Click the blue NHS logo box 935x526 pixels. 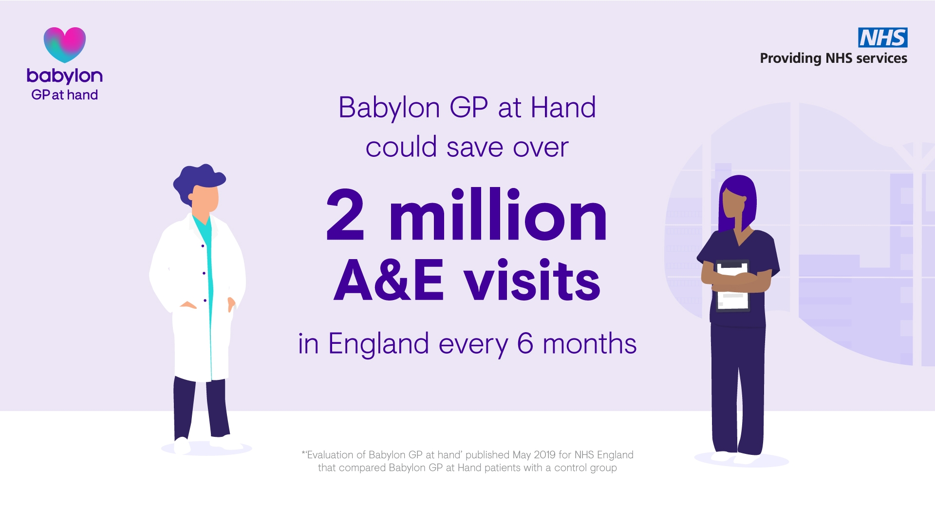click(x=882, y=38)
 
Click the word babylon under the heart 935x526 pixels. click(x=65, y=76)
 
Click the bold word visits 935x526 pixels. click(x=532, y=280)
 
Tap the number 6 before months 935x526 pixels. click(x=525, y=343)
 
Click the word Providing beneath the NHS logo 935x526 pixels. click(x=790, y=58)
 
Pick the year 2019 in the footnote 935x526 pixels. click(x=544, y=455)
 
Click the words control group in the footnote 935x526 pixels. click(x=585, y=468)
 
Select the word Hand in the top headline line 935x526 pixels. click(x=563, y=107)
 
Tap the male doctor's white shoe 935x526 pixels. click(x=182, y=445)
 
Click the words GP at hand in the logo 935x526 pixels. click(x=65, y=95)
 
